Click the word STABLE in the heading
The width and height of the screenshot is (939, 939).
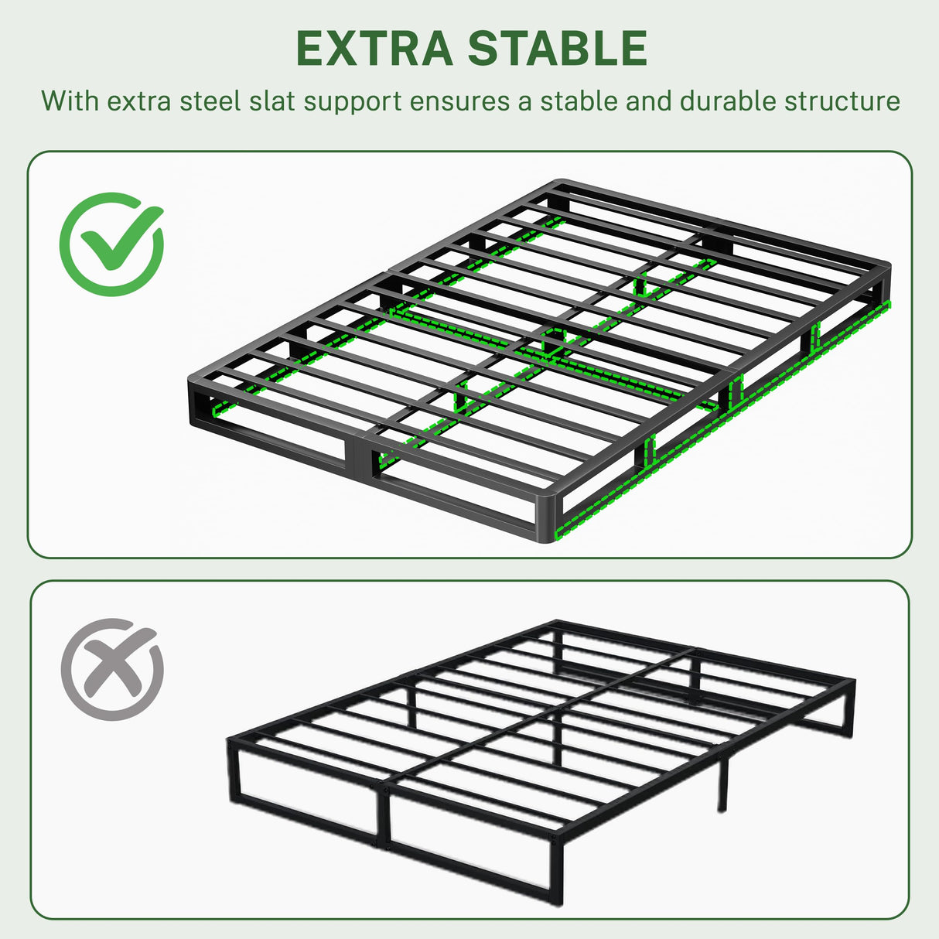point(558,49)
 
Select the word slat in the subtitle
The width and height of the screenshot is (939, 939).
point(273,101)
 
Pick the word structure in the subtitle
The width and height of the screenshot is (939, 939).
point(842,101)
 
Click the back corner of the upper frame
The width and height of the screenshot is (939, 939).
point(562,186)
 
